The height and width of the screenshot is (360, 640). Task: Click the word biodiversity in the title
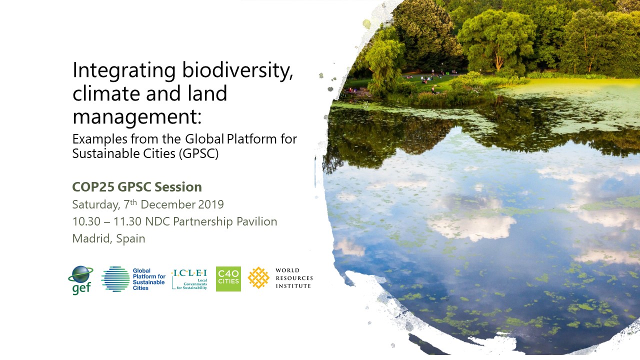click(x=237, y=70)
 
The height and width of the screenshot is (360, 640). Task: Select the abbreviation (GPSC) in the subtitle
click(x=199, y=153)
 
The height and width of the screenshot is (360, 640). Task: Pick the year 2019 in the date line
click(x=211, y=204)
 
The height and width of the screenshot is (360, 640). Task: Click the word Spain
click(x=130, y=239)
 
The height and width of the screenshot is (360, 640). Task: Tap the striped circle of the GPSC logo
click(x=115, y=279)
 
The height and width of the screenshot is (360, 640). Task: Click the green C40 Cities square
click(x=228, y=279)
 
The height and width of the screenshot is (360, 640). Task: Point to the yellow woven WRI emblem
click(x=258, y=277)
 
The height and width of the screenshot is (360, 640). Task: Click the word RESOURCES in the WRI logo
click(x=294, y=278)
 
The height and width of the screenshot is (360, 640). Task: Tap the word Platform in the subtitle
click(x=251, y=139)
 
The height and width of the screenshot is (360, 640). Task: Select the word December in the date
click(x=168, y=204)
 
